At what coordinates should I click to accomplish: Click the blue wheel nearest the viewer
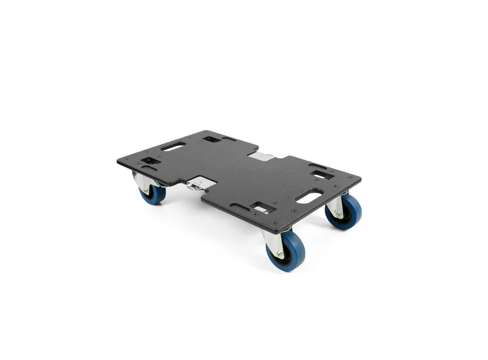click(x=287, y=251)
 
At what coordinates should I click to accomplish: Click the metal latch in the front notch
click(x=197, y=184)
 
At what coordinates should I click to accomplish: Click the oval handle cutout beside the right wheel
click(x=309, y=197)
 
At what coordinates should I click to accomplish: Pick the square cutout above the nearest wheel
click(x=263, y=207)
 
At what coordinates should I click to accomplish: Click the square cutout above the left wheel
click(x=150, y=160)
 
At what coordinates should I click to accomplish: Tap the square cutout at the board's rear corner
click(x=211, y=139)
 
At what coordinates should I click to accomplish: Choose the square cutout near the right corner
click(x=321, y=174)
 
